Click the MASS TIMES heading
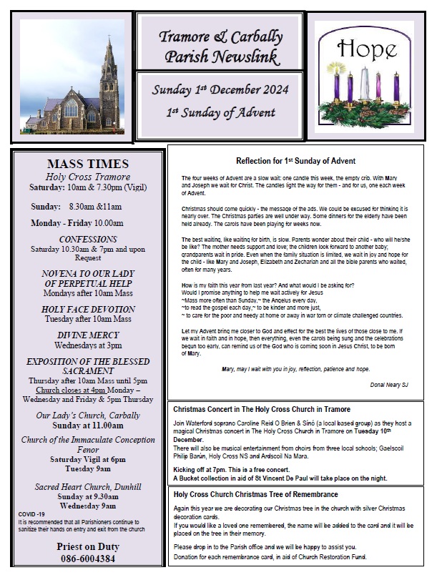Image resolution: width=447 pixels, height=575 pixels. tap(87, 163)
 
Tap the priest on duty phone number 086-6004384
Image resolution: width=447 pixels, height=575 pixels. tap(88, 559)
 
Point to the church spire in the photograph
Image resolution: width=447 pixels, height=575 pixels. tap(109, 54)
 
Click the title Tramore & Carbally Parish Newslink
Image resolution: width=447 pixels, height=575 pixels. tap(221, 46)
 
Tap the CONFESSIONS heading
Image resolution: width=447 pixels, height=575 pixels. tap(88, 238)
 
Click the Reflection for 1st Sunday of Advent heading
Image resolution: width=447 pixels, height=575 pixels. tap(295, 161)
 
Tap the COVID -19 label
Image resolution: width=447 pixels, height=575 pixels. tap(33, 514)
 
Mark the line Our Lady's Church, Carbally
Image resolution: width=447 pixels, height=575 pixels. tap(88, 415)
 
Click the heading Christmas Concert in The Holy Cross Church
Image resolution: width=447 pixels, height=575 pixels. tap(262, 409)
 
